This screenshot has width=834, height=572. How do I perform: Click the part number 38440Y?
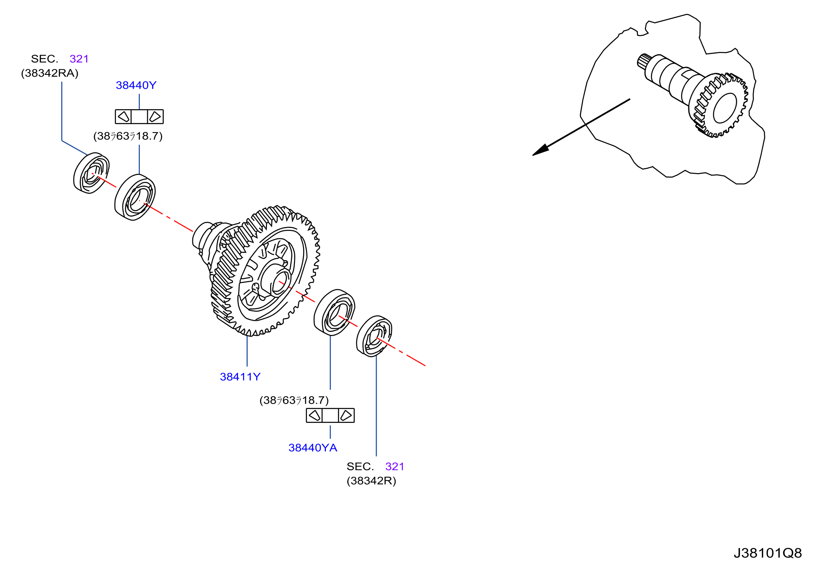(136, 85)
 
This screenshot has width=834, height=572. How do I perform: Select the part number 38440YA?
(313, 448)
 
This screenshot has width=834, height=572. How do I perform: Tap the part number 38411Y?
(240, 377)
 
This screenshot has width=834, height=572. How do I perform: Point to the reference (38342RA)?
(50, 73)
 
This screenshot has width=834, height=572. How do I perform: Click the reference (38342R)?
(371, 481)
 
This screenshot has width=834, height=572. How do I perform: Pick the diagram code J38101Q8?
(767, 553)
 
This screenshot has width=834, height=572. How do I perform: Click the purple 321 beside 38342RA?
(79, 59)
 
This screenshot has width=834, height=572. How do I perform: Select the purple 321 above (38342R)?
(395, 466)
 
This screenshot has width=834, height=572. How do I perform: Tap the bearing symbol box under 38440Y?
(139, 116)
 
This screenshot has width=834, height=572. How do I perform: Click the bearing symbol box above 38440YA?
(330, 416)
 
